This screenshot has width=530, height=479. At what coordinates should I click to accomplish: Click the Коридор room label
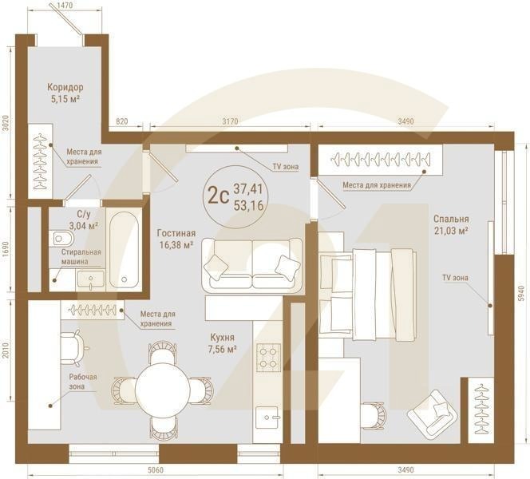tap(65, 87)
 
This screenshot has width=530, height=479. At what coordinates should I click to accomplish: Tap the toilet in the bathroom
tap(61, 239)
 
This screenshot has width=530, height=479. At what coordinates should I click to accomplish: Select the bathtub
tap(124, 249)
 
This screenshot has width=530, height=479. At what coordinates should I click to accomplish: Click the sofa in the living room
tap(252, 264)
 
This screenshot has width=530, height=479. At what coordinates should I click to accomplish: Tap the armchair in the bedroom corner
tap(433, 414)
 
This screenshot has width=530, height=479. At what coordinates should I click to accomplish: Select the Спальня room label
tap(451, 219)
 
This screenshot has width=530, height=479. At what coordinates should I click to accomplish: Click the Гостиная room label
tap(176, 233)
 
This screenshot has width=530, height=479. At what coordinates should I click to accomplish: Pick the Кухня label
tap(222, 338)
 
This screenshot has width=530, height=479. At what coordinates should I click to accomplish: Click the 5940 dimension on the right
tap(521, 294)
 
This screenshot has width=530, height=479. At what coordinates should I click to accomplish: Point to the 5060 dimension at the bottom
tap(156, 470)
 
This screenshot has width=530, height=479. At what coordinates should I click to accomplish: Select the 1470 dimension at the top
tap(65, 6)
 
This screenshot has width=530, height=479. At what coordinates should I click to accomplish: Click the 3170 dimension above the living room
tap(230, 121)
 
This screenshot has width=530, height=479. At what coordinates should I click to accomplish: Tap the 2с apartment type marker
tap(219, 196)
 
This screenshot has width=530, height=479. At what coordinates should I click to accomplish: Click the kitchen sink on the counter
tap(268, 418)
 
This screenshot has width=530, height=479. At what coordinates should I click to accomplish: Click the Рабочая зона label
tap(83, 382)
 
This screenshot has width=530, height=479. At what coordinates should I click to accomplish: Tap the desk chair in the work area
tap(74, 349)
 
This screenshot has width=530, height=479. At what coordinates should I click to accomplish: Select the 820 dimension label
tap(122, 121)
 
